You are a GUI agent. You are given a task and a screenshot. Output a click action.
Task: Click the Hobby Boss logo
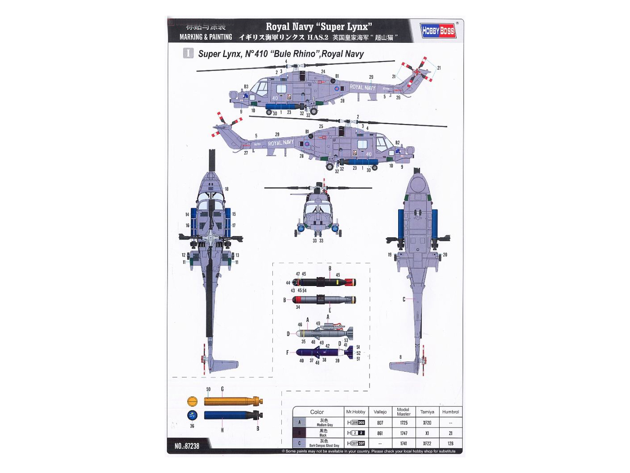438,30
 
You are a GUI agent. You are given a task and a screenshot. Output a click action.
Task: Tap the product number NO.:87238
187,446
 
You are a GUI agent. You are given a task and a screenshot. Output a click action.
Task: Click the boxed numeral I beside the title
188,54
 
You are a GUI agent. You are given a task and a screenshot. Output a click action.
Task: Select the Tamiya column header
427,412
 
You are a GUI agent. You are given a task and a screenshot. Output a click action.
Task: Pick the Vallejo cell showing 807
380,423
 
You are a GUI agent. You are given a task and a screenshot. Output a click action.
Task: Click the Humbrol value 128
450,444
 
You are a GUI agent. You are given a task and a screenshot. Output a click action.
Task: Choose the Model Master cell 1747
404,433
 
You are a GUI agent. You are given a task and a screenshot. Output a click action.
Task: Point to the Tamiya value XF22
427,444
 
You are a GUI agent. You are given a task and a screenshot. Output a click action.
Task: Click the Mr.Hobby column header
355,412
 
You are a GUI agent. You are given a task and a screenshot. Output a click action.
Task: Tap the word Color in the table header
317,412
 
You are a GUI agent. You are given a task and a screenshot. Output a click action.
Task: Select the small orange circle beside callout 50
192,401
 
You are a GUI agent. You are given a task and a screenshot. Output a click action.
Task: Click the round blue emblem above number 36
192,415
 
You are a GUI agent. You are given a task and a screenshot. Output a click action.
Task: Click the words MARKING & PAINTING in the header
206,37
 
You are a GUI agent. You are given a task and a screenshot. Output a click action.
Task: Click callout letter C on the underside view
404,299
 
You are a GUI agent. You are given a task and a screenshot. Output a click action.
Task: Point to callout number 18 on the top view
226,189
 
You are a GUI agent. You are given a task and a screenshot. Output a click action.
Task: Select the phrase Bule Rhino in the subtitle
294,54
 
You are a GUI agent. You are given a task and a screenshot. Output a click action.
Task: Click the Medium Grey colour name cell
324,423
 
